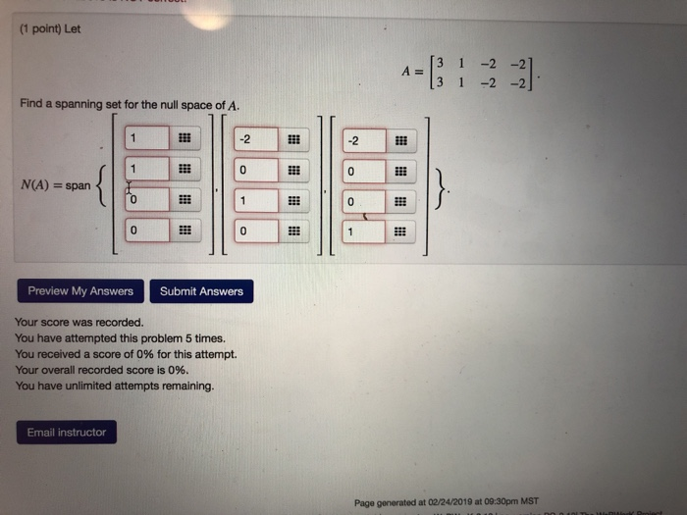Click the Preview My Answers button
[80, 290]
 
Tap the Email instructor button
[67, 432]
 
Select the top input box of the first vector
[146, 138]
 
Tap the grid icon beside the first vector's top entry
[184, 138]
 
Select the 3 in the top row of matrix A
[443, 62]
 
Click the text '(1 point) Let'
[50, 28]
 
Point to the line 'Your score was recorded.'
[79, 322]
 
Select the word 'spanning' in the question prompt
[80, 105]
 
